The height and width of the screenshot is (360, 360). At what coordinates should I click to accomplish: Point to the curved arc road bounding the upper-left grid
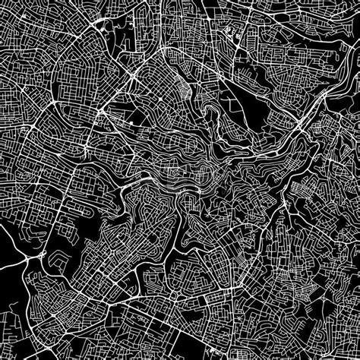coord(53,68)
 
